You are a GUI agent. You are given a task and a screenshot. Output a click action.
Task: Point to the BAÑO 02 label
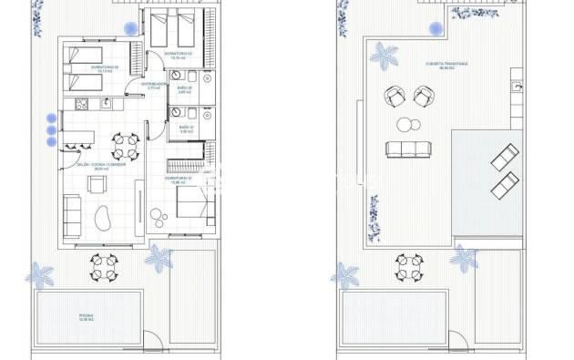tap(185, 90)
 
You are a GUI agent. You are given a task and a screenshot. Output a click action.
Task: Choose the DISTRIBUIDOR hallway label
tap(153, 85)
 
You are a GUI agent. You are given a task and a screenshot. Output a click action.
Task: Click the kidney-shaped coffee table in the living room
tap(102, 220)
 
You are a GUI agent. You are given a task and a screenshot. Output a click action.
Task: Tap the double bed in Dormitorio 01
tap(192, 201)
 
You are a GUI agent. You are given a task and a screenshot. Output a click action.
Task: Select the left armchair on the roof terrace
tap(394, 94)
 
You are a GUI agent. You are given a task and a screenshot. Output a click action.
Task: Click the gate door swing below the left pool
tap(159, 345)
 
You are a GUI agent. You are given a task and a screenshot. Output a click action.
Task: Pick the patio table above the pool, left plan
tap(103, 267)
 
